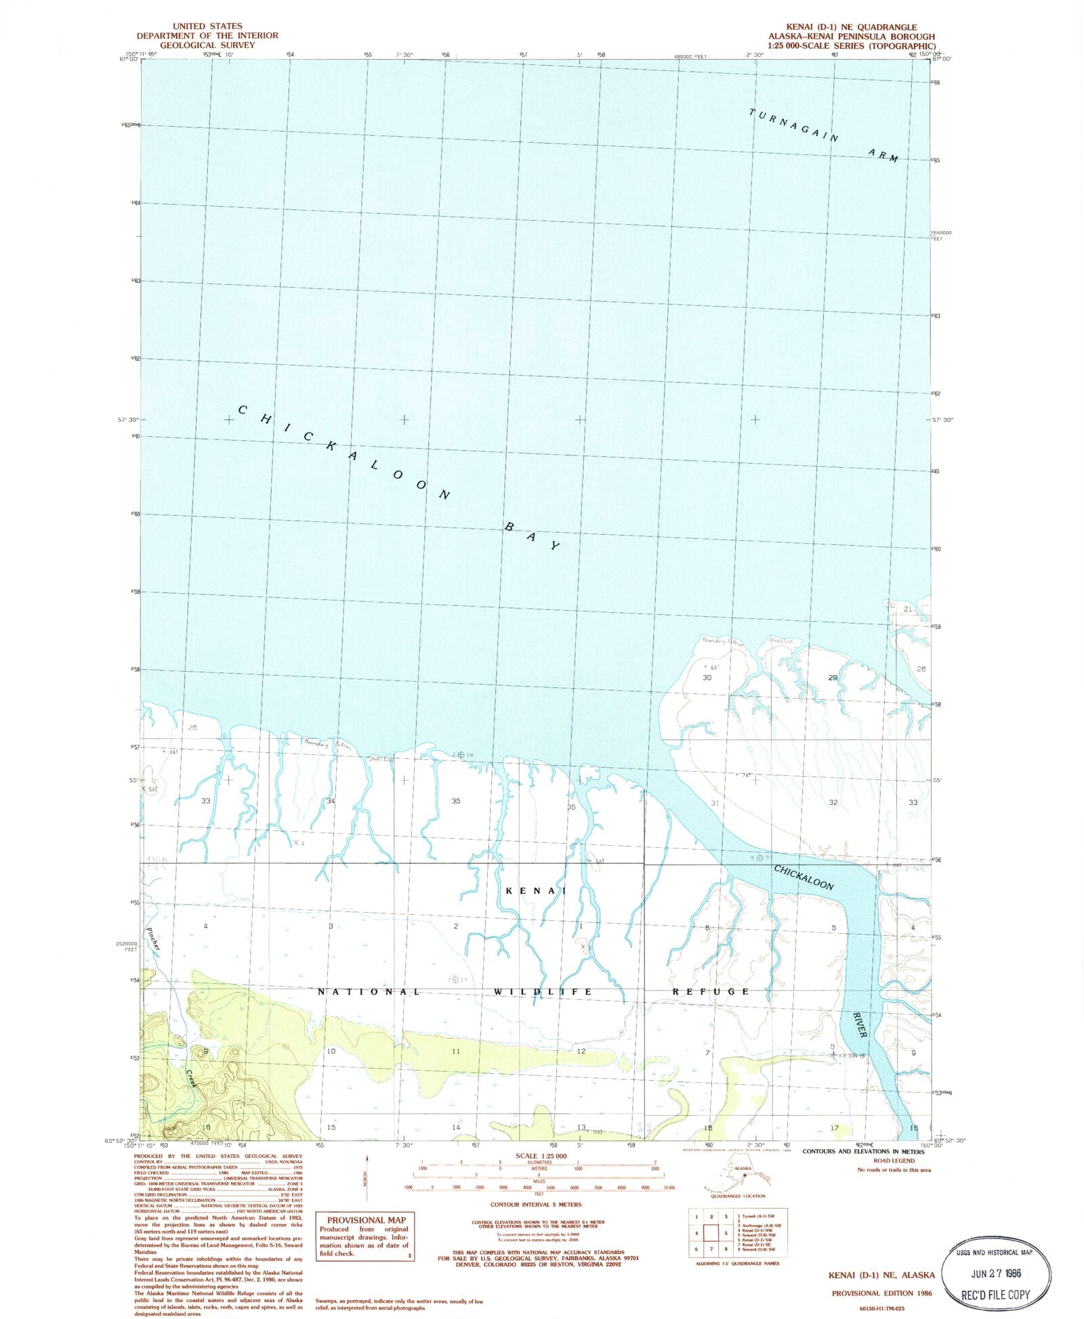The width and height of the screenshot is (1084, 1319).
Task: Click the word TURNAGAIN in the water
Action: click(793, 125)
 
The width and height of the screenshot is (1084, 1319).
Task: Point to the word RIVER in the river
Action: click(860, 1024)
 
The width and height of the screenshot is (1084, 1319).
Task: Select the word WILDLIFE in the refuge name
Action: click(543, 991)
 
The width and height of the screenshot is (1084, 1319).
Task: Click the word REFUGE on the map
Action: click(711, 991)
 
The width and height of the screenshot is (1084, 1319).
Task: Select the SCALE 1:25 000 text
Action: click(541, 1156)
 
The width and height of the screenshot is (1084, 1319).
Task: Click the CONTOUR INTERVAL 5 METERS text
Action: click(536, 1205)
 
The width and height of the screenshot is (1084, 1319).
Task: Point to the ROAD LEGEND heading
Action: click(893, 1161)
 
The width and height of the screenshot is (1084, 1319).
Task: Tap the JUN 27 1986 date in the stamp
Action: click(995, 1273)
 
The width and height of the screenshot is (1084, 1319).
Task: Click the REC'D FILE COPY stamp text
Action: click(995, 1295)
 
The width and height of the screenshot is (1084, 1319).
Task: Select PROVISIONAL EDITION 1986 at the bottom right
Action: click(881, 1293)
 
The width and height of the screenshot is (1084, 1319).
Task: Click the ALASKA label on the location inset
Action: click(743, 1168)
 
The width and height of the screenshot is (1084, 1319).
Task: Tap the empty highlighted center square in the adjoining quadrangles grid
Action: click(711, 1233)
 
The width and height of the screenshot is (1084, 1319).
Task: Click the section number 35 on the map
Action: click(456, 801)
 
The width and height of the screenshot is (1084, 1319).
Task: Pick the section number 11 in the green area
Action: click(456, 1052)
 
